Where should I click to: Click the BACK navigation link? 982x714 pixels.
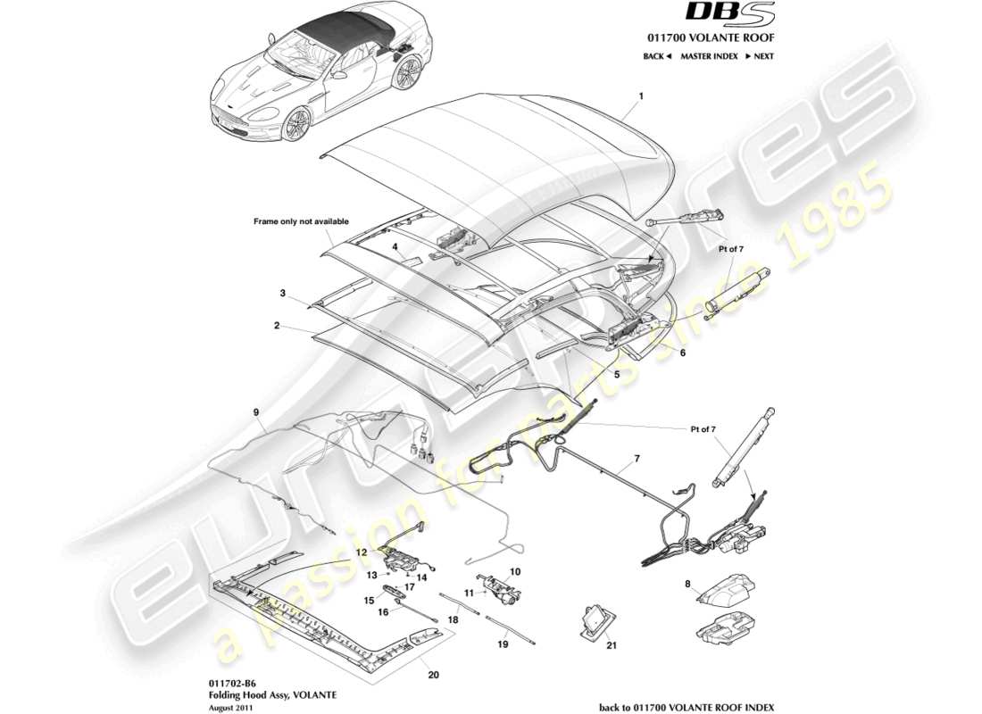(x=657, y=56)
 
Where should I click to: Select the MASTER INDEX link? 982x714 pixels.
(x=709, y=56)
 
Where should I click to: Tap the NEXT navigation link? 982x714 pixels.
(x=759, y=56)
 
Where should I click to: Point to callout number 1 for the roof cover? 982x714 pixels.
(x=640, y=94)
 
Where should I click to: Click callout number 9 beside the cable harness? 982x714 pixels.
(x=255, y=412)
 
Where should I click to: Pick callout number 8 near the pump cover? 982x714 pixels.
(x=687, y=585)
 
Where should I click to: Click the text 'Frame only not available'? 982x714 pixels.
(x=302, y=221)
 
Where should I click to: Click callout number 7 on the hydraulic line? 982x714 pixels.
(x=637, y=459)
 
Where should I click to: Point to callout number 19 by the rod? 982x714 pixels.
(x=503, y=643)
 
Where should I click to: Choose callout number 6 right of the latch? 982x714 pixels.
(x=682, y=353)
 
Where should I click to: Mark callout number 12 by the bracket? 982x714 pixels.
(x=362, y=552)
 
